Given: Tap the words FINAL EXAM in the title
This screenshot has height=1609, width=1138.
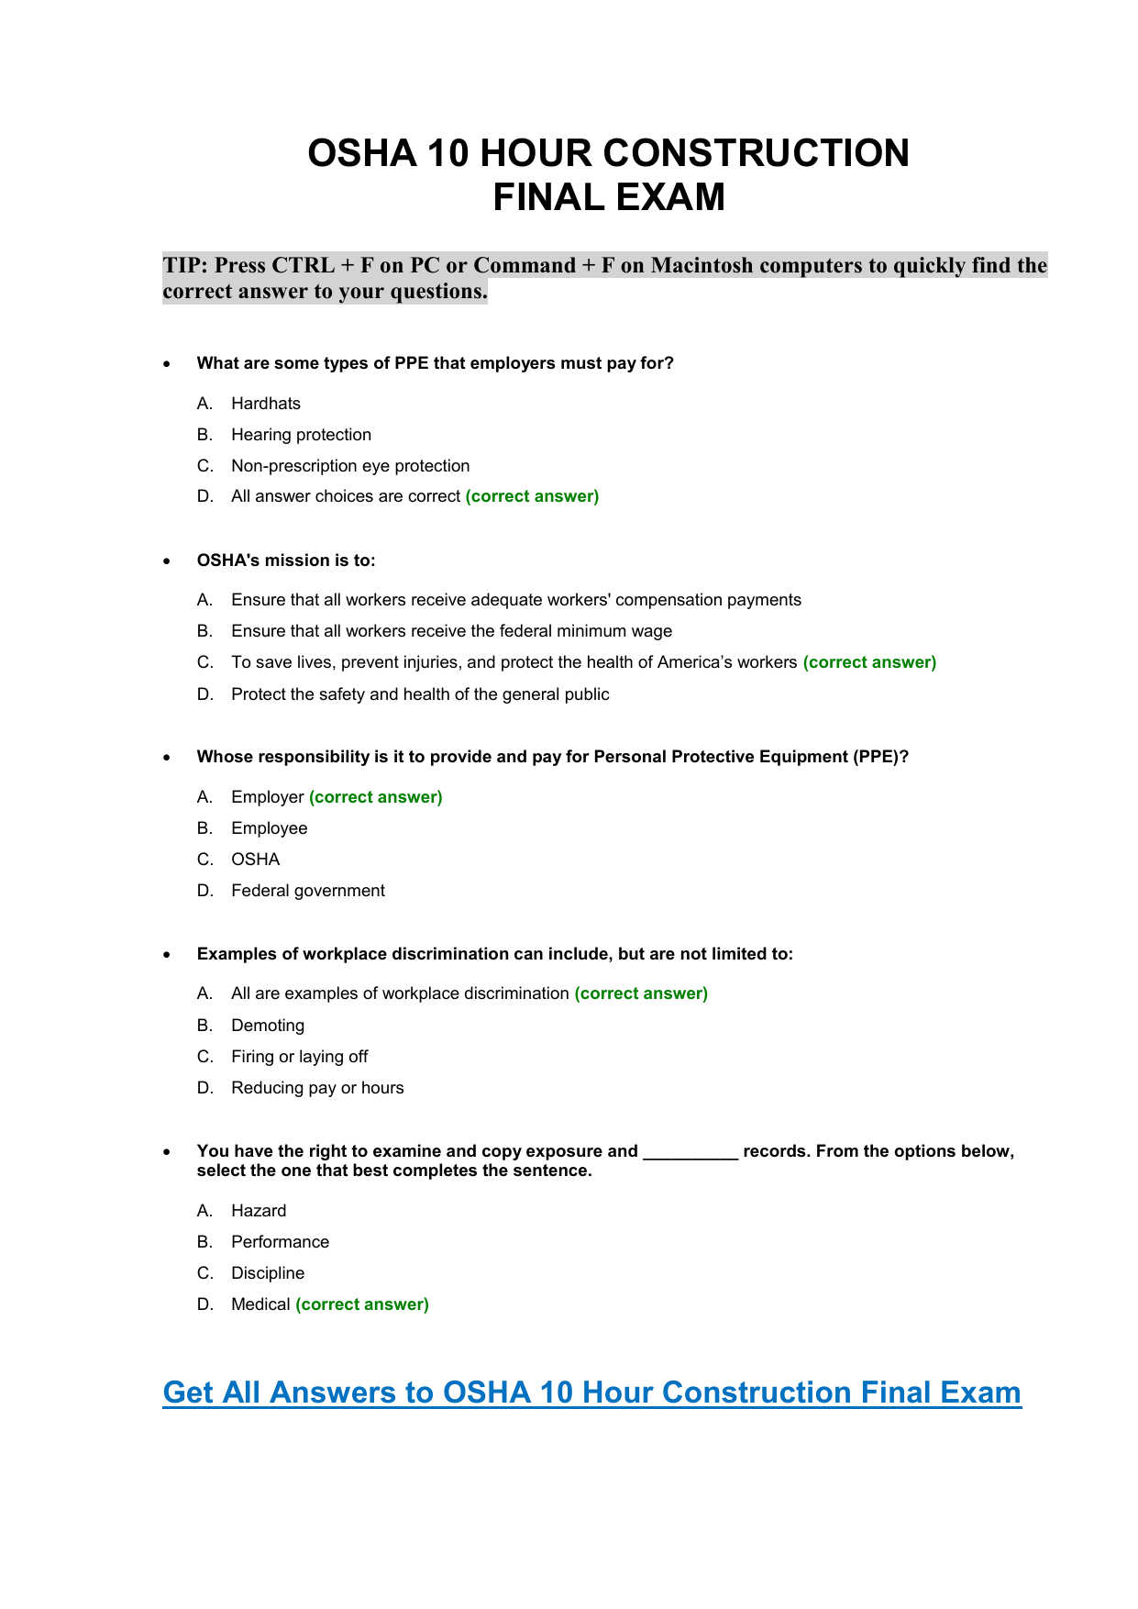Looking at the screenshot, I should tap(609, 197).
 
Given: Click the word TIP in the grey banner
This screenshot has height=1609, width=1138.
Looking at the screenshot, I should tap(185, 265).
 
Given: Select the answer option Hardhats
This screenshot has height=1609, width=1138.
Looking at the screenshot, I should tap(265, 404).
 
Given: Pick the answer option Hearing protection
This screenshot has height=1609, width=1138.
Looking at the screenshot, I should tap(301, 435).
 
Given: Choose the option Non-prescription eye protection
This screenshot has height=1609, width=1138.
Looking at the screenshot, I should tap(350, 466).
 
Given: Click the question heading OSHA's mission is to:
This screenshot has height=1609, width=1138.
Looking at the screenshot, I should tap(286, 560).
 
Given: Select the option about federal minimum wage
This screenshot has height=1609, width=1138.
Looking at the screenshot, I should tap(451, 631).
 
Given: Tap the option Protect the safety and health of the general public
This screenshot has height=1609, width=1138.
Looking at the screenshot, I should tap(420, 694).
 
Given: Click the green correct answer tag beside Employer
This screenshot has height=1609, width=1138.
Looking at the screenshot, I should tap(376, 797).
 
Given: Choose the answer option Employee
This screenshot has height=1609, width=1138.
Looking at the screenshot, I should tap(269, 828).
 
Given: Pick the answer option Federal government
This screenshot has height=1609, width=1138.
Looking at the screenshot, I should tap(307, 891).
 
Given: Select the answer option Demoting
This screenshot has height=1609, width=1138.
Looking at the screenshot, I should tap(267, 1026).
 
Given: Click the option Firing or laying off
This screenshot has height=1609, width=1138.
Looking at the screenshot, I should tap(299, 1057).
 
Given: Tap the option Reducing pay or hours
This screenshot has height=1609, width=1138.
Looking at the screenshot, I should tap(317, 1088).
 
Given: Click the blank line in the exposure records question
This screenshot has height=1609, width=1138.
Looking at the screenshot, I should tap(691, 1154).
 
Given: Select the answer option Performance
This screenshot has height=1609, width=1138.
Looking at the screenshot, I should tap(280, 1242).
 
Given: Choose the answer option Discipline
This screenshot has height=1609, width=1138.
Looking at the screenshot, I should tap(267, 1273).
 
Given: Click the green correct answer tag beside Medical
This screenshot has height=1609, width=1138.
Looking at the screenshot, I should tap(362, 1304).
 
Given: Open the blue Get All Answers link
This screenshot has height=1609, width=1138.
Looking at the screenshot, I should tap(591, 1393).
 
